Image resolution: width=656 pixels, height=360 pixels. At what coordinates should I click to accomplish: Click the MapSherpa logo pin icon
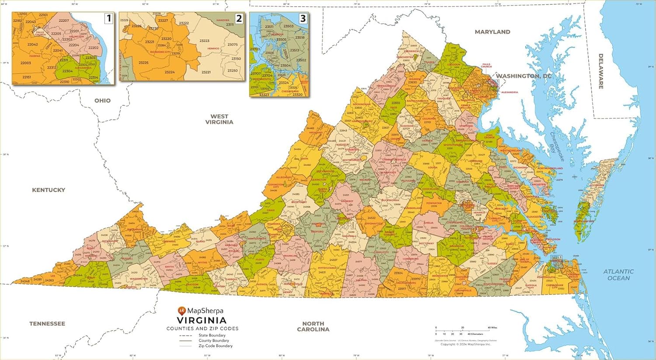coord(182,311)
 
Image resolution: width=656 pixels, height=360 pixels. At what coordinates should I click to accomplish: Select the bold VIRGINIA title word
coord(202,320)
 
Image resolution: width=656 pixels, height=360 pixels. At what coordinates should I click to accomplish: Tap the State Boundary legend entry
coord(212,336)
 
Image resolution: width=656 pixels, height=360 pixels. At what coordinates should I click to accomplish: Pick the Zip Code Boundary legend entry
coord(215,346)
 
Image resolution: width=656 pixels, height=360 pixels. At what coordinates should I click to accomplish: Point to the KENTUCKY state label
coord(49,190)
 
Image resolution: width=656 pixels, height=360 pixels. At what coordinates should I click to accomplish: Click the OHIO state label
coord(102,101)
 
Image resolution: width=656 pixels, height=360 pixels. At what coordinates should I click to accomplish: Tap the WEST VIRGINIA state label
coord(219,119)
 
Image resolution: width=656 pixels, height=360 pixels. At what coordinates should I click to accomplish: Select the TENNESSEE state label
coord(47,324)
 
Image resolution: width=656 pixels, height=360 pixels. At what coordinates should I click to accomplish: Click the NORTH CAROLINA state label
coord(313,326)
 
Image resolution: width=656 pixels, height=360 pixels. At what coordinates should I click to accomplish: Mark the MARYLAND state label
coord(492,32)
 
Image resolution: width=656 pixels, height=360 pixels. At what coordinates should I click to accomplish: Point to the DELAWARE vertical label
coord(601,71)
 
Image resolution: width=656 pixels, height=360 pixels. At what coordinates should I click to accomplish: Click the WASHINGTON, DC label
coord(523,76)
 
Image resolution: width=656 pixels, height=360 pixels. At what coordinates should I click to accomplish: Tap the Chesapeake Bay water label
coord(557,147)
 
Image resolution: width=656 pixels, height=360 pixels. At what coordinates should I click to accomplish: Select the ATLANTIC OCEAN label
coord(618,275)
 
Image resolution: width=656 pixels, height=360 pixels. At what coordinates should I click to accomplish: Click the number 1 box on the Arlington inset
coord(108,18)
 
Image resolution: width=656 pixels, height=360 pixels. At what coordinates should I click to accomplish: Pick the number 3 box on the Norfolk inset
coord(303,18)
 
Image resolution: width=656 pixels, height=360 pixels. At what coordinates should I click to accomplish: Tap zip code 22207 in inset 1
coord(64,21)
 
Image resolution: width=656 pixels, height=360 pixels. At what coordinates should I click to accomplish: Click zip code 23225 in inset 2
coord(143,63)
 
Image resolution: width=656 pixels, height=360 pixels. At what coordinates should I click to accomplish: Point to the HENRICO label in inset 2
coord(213,49)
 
